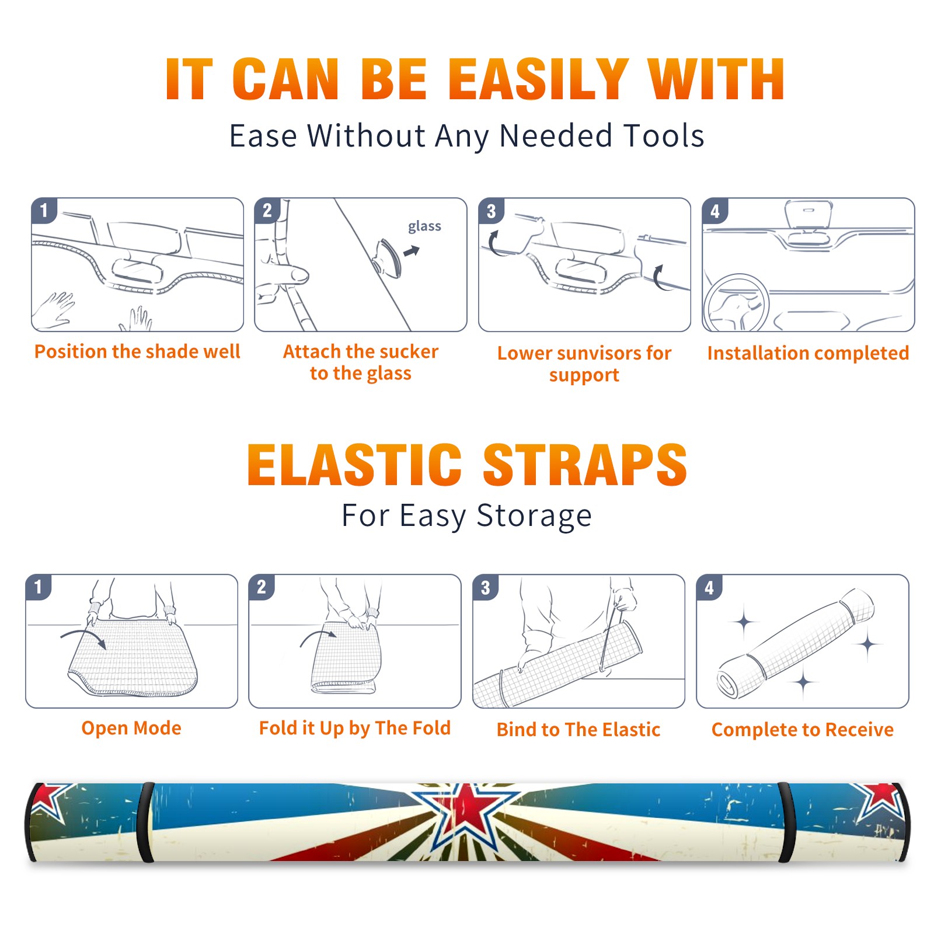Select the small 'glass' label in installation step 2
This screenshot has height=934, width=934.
tap(424, 226)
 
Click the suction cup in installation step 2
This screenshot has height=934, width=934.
tap(388, 257)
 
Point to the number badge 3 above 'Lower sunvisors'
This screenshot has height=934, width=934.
tap(491, 211)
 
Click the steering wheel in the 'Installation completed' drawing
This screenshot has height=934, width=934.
tap(736, 303)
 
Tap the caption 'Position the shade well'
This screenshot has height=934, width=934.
tap(137, 351)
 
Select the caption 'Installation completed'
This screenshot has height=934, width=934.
tap(808, 353)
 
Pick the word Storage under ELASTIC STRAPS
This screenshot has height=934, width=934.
tap(534, 516)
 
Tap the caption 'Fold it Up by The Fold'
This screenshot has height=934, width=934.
tap(355, 729)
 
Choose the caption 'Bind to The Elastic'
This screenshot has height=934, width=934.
tap(578, 730)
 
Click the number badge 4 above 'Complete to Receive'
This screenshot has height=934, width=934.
tap(709, 587)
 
